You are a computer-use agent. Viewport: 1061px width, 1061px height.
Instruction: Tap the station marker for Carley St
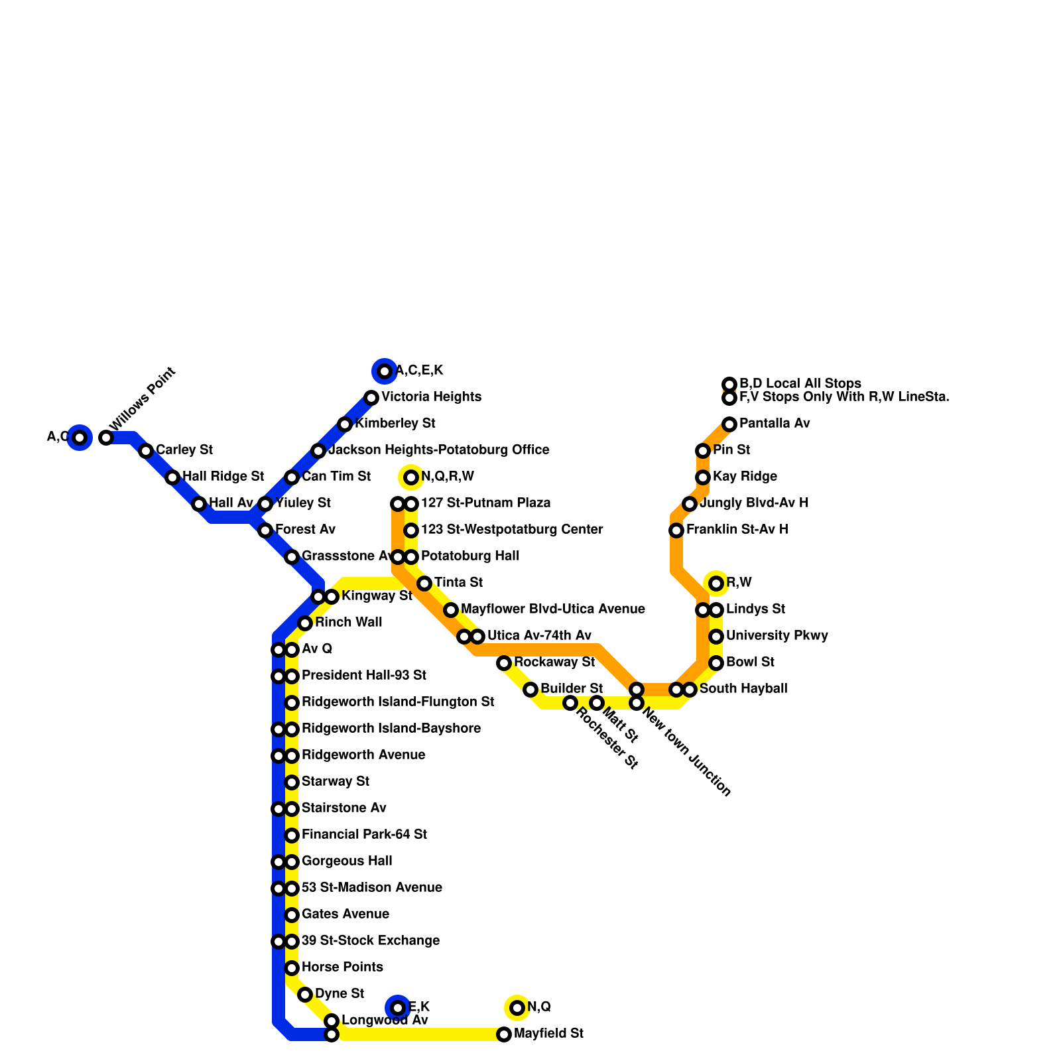coord(146,451)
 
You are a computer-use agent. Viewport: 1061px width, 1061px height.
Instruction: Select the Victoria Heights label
coord(431,397)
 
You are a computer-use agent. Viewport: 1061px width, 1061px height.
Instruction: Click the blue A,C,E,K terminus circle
coord(385,371)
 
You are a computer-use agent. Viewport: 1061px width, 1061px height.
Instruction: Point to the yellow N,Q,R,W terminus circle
coord(411,477)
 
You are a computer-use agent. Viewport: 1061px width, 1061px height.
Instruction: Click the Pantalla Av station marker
coord(729,424)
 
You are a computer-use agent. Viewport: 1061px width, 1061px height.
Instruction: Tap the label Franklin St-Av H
coord(737,530)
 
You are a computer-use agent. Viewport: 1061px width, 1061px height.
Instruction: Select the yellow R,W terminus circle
coord(716,584)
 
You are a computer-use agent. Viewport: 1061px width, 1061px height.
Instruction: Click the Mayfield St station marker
coord(504,1034)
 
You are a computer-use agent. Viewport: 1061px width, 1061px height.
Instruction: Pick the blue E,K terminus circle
coord(398,1008)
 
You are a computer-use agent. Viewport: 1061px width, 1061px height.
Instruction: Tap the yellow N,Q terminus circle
coord(517,1008)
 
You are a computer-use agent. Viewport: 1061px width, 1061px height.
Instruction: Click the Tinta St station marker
coord(424,584)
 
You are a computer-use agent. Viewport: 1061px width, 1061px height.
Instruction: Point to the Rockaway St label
coord(554,662)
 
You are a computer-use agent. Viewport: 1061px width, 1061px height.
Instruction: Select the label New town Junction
coord(686,753)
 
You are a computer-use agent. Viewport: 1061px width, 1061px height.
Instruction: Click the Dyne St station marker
coord(305,995)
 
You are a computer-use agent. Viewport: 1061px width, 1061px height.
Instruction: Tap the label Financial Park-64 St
coord(364,835)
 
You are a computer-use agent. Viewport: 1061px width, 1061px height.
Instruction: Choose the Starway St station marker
coord(292,782)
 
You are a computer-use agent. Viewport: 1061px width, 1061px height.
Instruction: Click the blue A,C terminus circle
coord(80,438)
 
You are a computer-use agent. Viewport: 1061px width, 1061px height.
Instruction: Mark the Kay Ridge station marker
coord(703,477)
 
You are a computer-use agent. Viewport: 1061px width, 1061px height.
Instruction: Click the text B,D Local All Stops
coord(800,384)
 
